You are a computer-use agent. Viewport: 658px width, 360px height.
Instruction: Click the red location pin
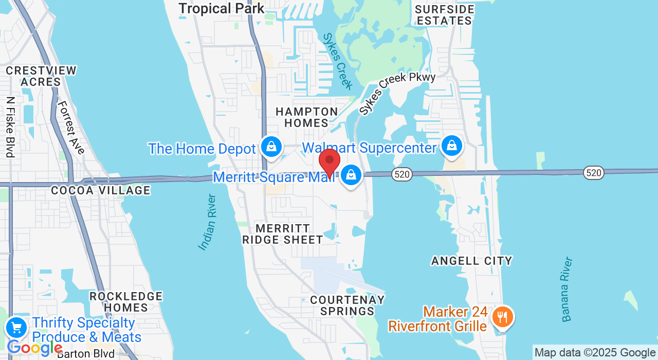pyautogui.click(x=330, y=161)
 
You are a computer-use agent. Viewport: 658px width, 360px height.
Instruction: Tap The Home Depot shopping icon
pyautogui.click(x=271, y=147)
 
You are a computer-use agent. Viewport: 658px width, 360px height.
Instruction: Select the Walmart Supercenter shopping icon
pyautogui.click(x=452, y=146)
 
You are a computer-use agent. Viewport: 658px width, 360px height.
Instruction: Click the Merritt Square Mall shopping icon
pyautogui.click(x=351, y=175)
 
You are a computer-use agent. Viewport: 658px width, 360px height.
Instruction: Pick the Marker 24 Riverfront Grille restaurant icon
pyautogui.click(x=502, y=317)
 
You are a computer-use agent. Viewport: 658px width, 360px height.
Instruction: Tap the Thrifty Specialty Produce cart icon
pyautogui.click(x=16, y=327)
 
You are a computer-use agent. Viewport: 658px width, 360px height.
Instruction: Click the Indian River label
pyautogui.click(x=208, y=222)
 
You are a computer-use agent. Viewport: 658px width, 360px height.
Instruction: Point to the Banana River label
pyautogui.click(x=567, y=290)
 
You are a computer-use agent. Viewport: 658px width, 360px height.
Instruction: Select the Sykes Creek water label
pyautogui.click(x=338, y=61)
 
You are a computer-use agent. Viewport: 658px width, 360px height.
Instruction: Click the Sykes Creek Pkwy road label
pyautogui.click(x=397, y=93)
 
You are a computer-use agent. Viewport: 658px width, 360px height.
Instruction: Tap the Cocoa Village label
pyautogui.click(x=101, y=191)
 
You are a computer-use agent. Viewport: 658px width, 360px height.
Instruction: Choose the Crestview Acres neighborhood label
pyautogui.click(x=41, y=76)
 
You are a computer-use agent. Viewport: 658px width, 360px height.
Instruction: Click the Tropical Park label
pyautogui.click(x=222, y=9)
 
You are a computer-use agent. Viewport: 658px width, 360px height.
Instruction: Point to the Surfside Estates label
pyautogui.click(x=444, y=15)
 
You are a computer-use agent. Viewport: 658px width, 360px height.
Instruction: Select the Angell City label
pyautogui.click(x=472, y=261)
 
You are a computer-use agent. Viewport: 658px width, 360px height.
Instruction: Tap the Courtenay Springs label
pyautogui.click(x=347, y=305)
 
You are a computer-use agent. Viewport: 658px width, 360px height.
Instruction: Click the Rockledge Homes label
pyautogui.click(x=126, y=302)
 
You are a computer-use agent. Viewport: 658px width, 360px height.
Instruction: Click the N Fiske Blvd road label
pyautogui.click(x=10, y=127)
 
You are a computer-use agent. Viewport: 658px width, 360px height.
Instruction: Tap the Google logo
pyautogui.click(x=35, y=348)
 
